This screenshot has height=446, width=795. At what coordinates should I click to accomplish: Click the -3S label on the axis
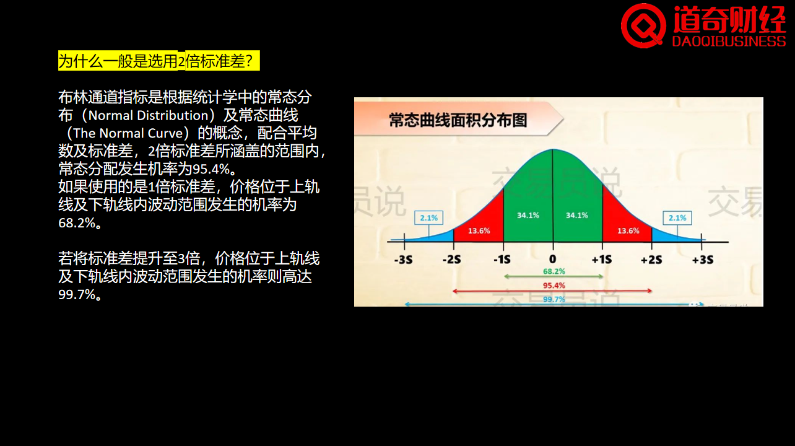[404, 260]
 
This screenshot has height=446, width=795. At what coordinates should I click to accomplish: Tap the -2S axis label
[452, 260]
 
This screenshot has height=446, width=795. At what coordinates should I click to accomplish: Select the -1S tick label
[502, 260]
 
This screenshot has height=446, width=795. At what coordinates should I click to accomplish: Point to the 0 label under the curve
[552, 259]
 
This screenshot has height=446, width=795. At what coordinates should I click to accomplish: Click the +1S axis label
[602, 260]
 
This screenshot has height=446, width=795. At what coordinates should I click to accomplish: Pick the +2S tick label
[651, 260]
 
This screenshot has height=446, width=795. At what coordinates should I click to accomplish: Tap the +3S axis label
[703, 260]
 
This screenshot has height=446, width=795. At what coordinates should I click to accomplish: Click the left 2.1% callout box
[428, 217]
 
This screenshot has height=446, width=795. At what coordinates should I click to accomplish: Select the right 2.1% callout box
[677, 217]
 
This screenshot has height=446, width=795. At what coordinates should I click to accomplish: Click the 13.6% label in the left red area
[479, 231]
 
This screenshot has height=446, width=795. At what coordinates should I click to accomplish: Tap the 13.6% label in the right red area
[628, 231]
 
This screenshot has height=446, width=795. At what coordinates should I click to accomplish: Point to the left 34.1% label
[528, 215]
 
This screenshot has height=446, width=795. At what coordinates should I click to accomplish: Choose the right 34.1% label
[576, 215]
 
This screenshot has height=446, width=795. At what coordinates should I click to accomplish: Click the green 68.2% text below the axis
[554, 272]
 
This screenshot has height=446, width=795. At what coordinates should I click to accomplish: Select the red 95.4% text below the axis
[554, 286]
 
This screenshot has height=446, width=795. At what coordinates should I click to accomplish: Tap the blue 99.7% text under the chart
[554, 299]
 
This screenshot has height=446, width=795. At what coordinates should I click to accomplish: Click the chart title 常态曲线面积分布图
[458, 120]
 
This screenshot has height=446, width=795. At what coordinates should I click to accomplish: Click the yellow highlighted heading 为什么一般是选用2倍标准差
[159, 61]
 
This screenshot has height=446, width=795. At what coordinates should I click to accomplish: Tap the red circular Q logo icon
[643, 25]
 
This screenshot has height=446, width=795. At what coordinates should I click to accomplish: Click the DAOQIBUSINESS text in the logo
[729, 42]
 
